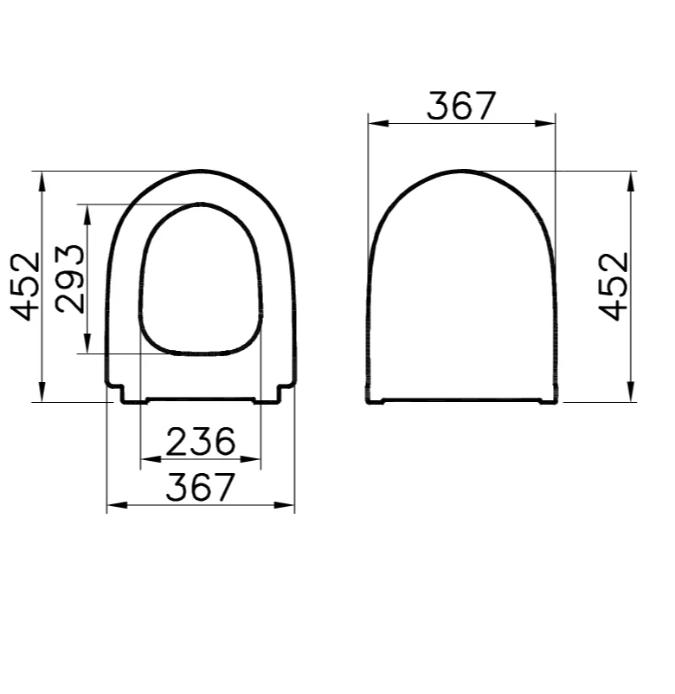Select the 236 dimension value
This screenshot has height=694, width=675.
[x=201, y=442]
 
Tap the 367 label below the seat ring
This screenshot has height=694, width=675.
[x=201, y=488]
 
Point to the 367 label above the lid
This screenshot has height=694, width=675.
[x=462, y=106]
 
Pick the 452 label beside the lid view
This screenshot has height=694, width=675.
[x=614, y=286]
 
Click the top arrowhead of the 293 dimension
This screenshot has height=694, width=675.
[x=87, y=211]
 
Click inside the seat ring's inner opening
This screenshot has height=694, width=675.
[x=201, y=282]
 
